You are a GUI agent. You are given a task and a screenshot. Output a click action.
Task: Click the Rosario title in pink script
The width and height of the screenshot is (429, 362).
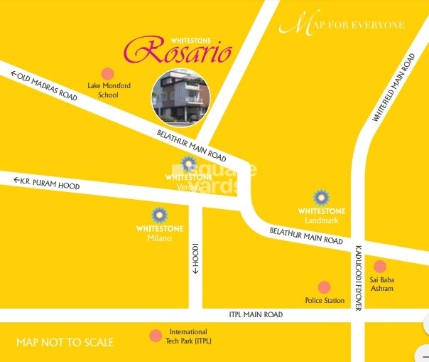coord(178,50)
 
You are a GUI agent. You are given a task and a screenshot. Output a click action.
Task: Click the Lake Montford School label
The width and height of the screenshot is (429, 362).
coord(108,90)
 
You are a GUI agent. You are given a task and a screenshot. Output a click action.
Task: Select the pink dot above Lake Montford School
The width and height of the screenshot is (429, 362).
coord(108,73)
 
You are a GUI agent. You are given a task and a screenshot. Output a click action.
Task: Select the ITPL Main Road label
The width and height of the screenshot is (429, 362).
coord(256,314)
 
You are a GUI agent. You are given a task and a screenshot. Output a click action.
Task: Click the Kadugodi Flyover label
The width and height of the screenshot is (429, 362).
coord(358,277)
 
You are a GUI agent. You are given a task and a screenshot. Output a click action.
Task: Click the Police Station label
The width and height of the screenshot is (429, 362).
coord(325,301)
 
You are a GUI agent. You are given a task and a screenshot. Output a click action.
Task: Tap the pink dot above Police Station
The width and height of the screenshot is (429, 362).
coord(325,287)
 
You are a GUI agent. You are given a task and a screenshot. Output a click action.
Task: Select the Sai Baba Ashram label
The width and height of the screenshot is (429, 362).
coord(382,284)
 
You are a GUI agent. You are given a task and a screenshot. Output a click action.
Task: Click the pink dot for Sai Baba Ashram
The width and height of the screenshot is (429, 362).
coord(380,267)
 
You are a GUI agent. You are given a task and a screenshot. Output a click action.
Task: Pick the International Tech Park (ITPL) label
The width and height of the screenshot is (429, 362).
coord(188,336)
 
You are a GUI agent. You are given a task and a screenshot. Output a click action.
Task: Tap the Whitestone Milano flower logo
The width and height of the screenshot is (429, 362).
coord(159,214)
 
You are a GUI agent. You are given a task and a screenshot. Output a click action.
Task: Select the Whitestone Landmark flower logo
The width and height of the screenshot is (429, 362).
coord(322,196)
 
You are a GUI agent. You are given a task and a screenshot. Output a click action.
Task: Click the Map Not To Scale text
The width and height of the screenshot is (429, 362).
coord(65,343)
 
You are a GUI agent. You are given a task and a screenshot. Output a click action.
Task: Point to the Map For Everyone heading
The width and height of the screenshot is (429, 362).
coord(342,26)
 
